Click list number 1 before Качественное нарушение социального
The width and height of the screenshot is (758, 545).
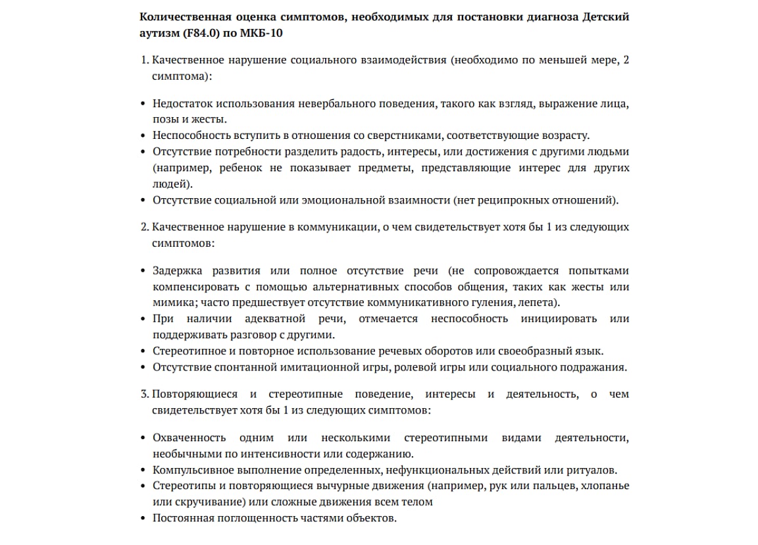tap(145, 61)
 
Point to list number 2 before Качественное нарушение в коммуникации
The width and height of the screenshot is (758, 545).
tap(145, 227)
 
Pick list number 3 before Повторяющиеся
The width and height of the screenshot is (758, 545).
tap(145, 394)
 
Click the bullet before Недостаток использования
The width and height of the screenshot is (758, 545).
tap(144, 104)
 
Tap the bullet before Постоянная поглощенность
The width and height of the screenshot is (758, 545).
tap(144, 518)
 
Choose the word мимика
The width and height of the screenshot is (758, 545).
tap(170, 303)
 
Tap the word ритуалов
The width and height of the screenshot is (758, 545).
tap(593, 470)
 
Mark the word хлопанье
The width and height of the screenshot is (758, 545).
tap(603, 486)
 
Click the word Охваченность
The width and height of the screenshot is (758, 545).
tap(189, 438)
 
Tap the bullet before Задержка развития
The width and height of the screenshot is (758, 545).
tap(144, 271)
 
